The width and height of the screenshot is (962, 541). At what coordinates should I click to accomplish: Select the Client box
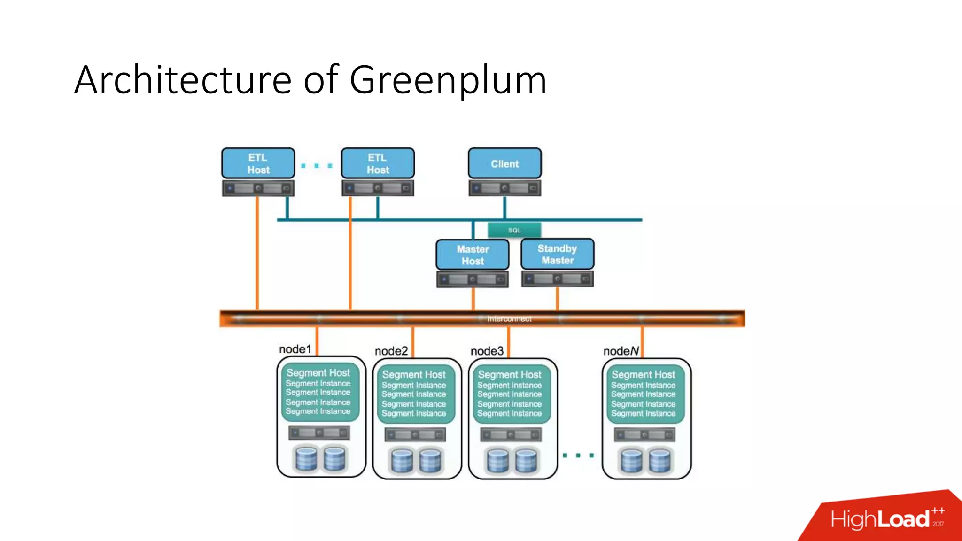click(x=504, y=163)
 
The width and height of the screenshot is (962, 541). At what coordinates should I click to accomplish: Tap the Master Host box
click(x=473, y=255)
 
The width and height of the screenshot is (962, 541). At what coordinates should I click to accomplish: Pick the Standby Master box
click(x=557, y=254)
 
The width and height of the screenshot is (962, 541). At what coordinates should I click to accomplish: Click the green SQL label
click(x=514, y=230)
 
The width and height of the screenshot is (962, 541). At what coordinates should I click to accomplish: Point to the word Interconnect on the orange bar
click(x=509, y=319)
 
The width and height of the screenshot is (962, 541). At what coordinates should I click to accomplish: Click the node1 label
click(x=295, y=349)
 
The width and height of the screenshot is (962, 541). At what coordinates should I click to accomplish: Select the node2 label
click(x=391, y=351)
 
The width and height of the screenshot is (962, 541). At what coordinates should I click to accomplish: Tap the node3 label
click(x=487, y=351)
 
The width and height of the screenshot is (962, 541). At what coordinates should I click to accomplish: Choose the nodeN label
click(x=621, y=351)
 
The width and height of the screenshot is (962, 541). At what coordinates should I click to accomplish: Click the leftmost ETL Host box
click(x=258, y=163)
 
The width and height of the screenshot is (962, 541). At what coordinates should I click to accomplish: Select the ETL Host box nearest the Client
click(x=378, y=163)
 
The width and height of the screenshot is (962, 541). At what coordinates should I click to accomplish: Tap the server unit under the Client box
click(x=504, y=188)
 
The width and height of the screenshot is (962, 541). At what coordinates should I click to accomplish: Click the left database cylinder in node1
click(x=306, y=459)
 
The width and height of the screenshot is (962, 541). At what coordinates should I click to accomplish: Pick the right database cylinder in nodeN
click(x=659, y=461)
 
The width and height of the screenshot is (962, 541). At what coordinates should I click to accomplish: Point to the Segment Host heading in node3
click(x=510, y=375)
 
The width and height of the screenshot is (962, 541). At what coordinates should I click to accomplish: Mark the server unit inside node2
click(x=415, y=435)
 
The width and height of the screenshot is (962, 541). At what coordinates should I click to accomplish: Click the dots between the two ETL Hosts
click(x=317, y=166)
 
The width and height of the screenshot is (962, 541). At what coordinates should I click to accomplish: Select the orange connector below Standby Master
click(x=557, y=299)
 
